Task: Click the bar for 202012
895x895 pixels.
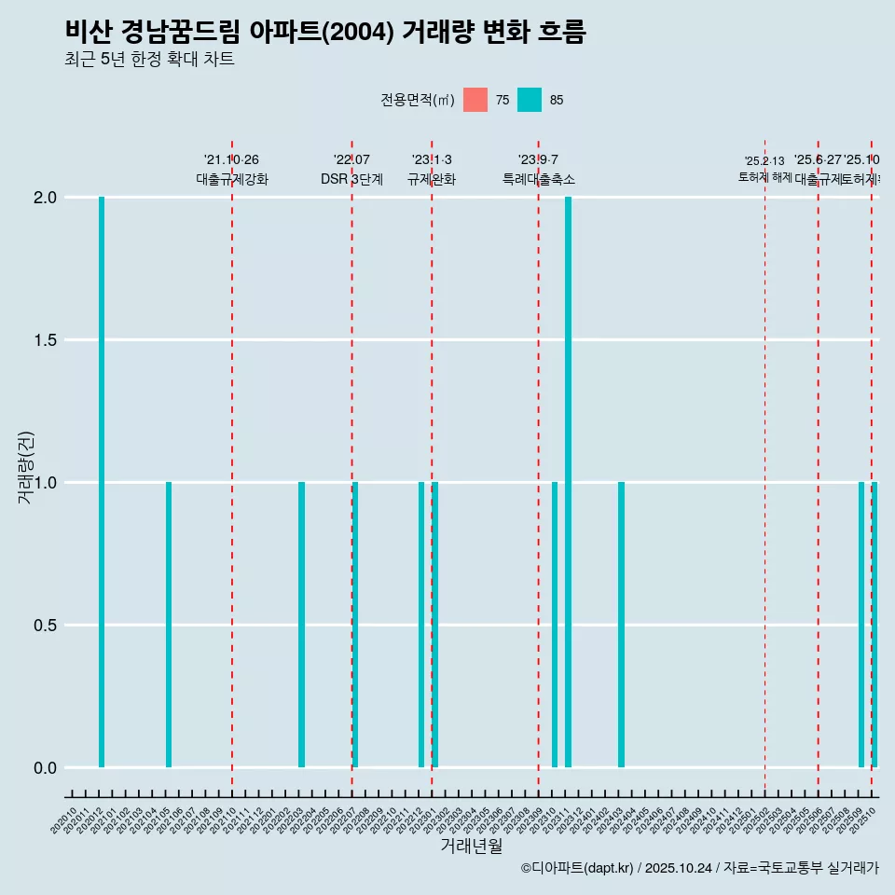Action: tap(102, 482)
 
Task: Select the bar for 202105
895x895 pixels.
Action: tap(169, 625)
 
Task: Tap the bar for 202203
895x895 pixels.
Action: tap(302, 625)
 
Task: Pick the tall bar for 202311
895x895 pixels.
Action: tap(568, 482)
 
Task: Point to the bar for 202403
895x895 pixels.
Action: tap(621, 625)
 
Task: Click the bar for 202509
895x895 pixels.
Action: tap(861, 625)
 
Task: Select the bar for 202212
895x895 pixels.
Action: tap(421, 625)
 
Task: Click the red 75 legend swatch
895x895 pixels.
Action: tap(475, 100)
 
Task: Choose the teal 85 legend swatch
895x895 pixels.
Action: tap(530, 100)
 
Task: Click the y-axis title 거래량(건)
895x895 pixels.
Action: tap(26, 467)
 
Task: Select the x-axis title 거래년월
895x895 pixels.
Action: tap(471, 847)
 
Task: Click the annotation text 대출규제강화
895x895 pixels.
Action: tap(232, 179)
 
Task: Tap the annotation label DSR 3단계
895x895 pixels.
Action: tap(351, 179)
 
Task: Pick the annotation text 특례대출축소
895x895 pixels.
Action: tap(539, 179)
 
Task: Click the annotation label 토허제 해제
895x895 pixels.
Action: tap(764, 177)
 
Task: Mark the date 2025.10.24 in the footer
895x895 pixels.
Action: tap(679, 868)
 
